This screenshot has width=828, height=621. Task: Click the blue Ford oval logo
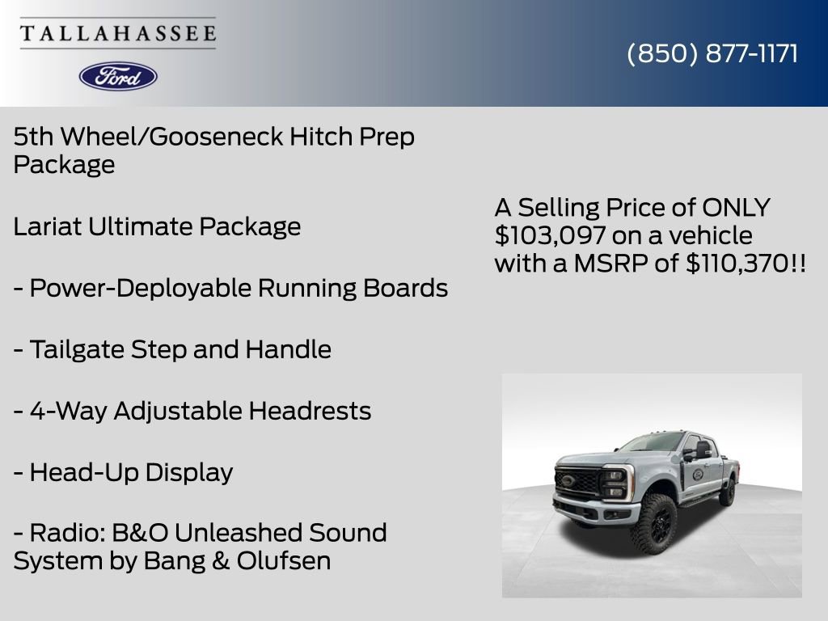tap(118, 76)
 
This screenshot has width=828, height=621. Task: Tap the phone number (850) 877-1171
tap(712, 54)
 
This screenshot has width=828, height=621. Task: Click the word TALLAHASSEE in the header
tap(118, 34)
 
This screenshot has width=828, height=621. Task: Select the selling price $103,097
tap(549, 236)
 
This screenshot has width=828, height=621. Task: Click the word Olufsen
tap(284, 561)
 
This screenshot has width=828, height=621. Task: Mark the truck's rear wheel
tap(728, 491)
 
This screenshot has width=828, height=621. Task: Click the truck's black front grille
tap(579, 483)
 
